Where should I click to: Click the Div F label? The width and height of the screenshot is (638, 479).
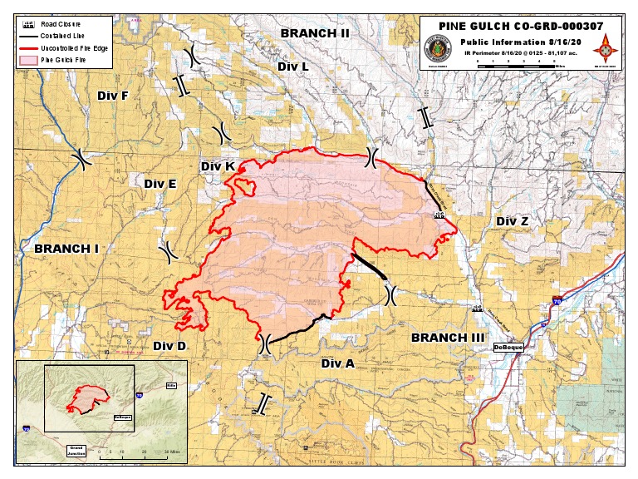click(x=113, y=96)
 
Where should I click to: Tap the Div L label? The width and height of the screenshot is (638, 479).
click(x=293, y=66)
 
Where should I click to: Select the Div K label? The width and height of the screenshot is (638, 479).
click(x=218, y=166)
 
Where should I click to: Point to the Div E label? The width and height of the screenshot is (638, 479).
click(x=160, y=183)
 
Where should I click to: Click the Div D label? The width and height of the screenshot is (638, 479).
click(x=169, y=346)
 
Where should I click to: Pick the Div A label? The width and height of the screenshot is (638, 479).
click(x=338, y=363)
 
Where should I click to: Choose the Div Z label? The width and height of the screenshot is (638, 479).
click(x=512, y=220)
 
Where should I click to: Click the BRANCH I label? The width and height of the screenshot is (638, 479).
click(x=66, y=248)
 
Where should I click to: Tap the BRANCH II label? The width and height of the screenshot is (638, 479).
click(x=314, y=33)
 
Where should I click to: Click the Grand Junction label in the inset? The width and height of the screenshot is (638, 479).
click(x=81, y=448)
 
